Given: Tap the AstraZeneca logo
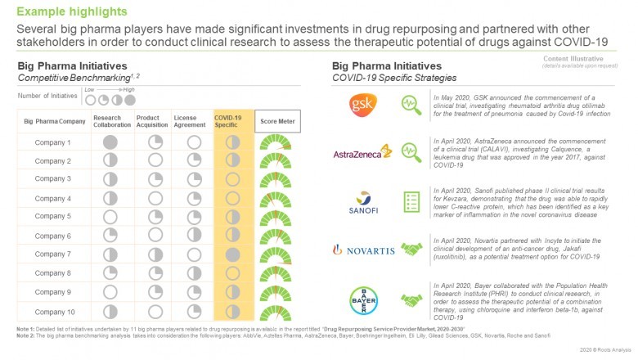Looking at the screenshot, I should coord(363,153).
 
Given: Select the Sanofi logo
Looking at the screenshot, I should coord(364,200).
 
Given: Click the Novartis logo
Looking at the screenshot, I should coord(364,250).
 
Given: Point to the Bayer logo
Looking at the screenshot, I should coord(364,299).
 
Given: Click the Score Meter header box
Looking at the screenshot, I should coord(274,122).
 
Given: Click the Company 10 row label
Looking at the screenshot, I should coord(53,311).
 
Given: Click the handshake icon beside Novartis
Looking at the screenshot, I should coord(411,250).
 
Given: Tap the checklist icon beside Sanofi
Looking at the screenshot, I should coord(411,201).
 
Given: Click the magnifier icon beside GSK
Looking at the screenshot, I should coord(411,106).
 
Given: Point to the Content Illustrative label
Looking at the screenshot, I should coord(585,58).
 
